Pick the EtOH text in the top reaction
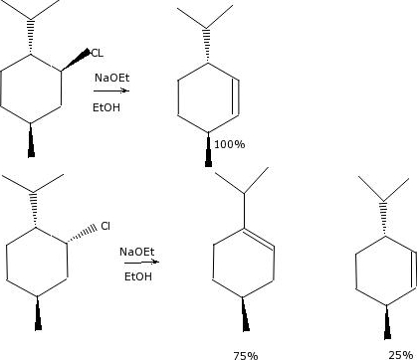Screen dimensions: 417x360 (106, 105)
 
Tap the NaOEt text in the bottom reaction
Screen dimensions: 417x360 (136, 253)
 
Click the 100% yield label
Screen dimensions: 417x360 (229, 144)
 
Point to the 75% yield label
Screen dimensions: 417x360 (245, 354)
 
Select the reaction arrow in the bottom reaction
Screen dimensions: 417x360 (137, 265)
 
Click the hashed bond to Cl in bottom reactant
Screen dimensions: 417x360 (83, 231)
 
